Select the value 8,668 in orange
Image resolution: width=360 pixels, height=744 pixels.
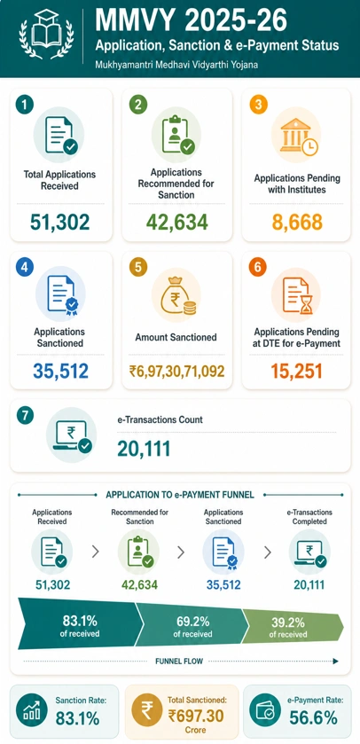pos(297,222)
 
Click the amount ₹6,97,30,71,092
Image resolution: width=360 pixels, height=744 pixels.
pos(177,371)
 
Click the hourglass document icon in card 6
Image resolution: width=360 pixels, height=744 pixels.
pos(296,295)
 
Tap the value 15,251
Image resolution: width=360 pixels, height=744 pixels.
pos(296,371)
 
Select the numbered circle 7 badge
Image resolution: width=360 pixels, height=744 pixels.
pos(25,415)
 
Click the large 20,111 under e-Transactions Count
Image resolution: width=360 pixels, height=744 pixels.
pos(144,449)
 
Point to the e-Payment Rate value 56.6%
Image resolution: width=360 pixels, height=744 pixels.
pos(314,718)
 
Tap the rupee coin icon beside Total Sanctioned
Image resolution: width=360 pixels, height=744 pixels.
pos(146,713)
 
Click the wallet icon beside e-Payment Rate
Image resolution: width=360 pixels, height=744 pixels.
pos(265,712)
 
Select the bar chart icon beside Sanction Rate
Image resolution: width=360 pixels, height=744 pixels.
pos(31,712)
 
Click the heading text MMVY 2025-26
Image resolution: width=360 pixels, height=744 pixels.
pos(192,20)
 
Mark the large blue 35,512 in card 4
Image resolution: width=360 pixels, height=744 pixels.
pos(60,371)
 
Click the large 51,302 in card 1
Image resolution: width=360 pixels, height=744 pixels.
pos(59,222)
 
